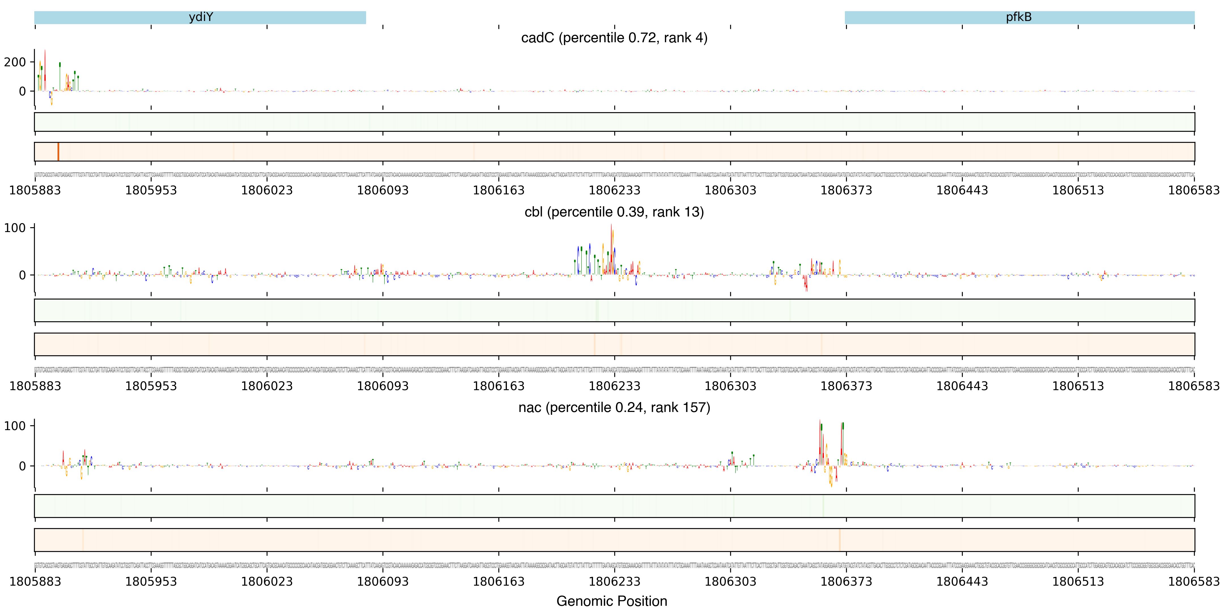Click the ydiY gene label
(201, 17)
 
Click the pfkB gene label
(1019, 17)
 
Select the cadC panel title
(614, 37)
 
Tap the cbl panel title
(614, 212)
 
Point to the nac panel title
(614, 408)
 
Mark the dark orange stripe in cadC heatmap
(58, 152)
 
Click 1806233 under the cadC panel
(614, 190)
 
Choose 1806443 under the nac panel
(962, 582)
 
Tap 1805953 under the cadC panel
(151, 190)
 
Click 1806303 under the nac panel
(730, 582)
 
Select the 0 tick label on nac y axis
(22, 466)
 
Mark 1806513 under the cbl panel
(1078, 386)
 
